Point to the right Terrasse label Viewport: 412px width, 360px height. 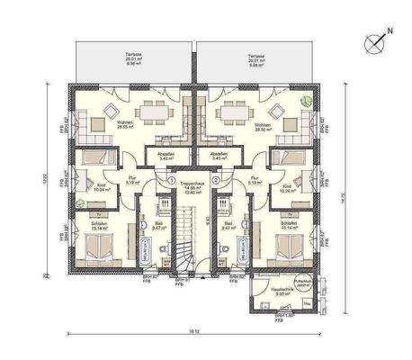[x=257, y=62]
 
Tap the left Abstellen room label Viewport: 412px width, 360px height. [x=165, y=156]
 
